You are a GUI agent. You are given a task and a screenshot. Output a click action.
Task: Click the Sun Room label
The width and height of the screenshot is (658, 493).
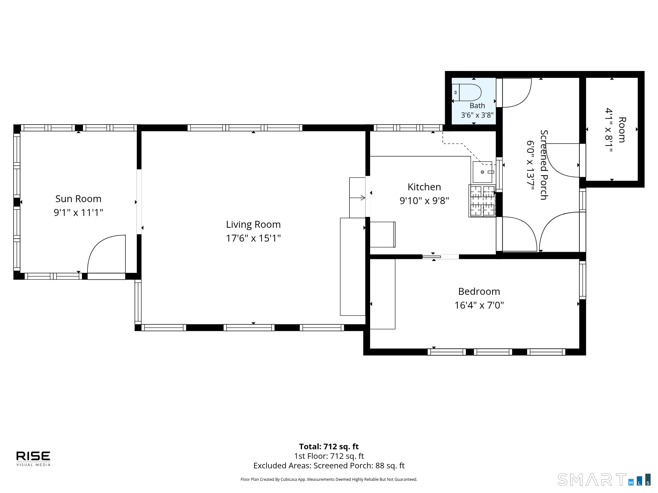pos(78,199)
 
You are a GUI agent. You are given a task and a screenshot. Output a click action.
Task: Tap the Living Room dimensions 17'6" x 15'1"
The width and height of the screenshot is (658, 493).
pos(253,238)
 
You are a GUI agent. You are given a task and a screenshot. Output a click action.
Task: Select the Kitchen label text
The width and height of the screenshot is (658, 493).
pos(424,187)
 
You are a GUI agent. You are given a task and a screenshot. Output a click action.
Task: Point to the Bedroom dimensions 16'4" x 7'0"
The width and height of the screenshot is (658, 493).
pos(479,305)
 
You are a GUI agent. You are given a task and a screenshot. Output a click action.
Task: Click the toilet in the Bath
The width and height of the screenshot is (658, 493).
pos(467,92)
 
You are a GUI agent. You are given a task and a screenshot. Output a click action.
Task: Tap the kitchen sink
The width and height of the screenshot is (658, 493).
pos(483,172)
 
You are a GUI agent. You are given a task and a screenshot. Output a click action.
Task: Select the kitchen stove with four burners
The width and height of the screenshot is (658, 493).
pos(482,201)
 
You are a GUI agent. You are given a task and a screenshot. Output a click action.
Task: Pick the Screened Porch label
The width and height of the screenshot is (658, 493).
pos(544,165)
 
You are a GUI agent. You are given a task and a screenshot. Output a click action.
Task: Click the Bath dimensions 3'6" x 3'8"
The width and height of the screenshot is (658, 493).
pos(477,115)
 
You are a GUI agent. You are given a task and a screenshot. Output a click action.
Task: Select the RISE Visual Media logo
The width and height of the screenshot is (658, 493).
pos(33,458)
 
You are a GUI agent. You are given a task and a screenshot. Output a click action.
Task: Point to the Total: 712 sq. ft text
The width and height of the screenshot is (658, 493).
pos(329,446)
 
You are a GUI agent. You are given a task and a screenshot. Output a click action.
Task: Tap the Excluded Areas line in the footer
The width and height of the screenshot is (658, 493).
pos(329,465)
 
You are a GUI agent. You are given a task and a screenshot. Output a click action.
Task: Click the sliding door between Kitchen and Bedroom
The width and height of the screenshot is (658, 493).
pos(441,257)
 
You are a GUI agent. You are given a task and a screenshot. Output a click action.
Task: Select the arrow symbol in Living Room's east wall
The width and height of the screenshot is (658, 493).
pos(357,198)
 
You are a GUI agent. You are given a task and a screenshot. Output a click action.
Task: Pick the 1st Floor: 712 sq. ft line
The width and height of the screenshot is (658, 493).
pos(329,456)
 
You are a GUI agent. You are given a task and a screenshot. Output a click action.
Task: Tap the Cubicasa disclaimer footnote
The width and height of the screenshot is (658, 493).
pos(329,480)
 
